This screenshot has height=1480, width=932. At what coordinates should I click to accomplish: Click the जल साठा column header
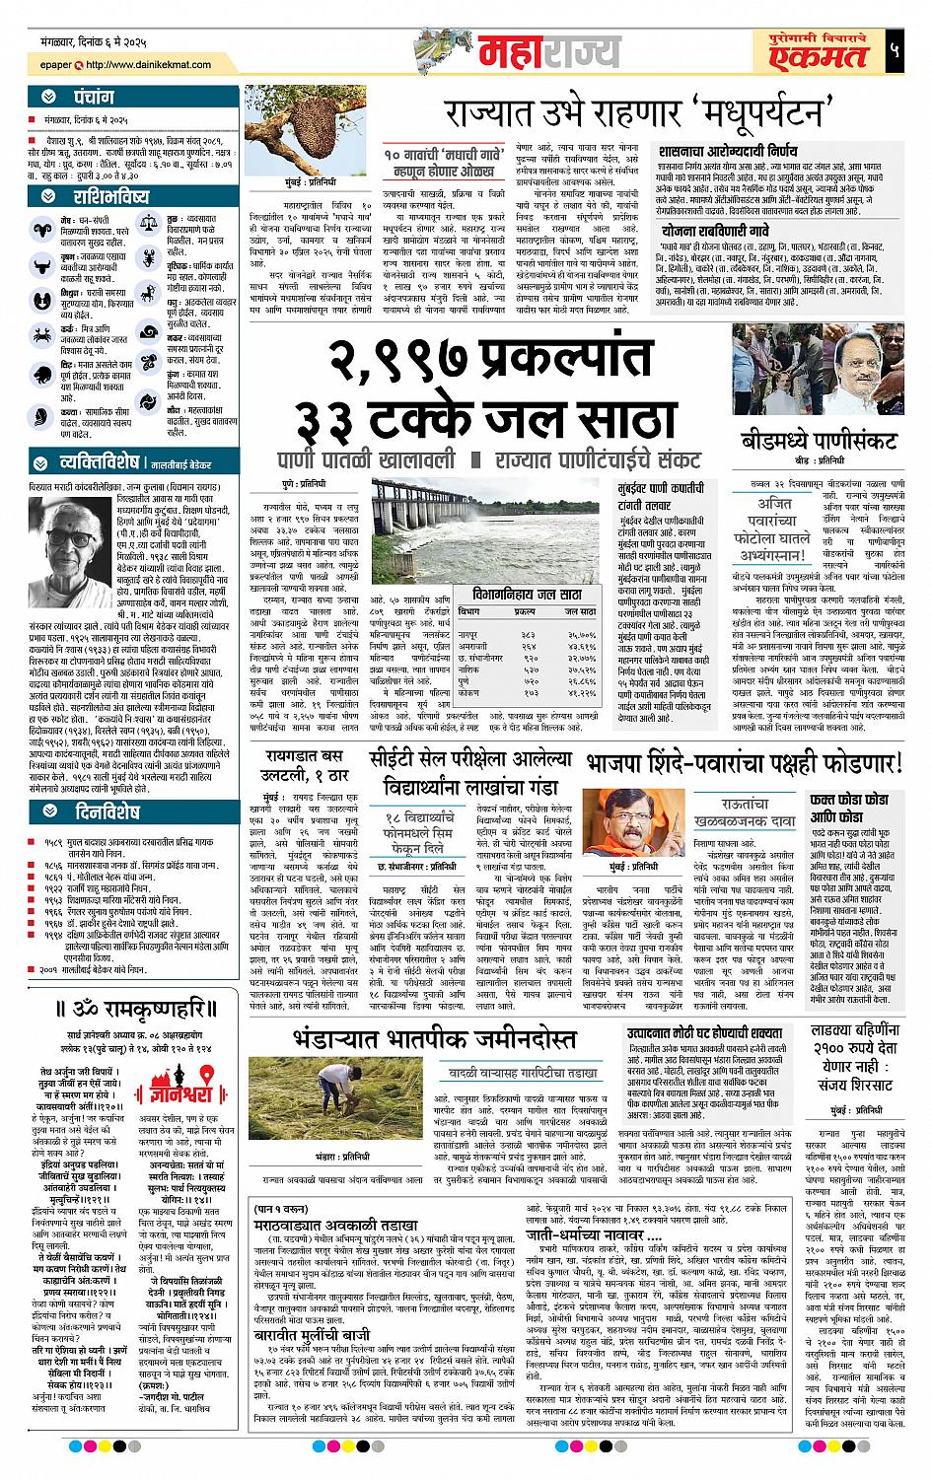(580, 612)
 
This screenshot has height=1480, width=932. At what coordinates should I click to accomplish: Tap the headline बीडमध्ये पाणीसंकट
(819, 441)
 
